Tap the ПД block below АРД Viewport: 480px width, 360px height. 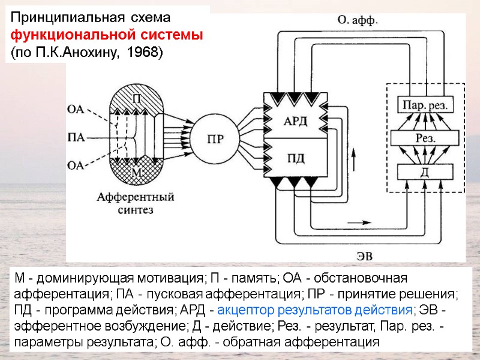295,158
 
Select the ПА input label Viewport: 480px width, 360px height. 76,137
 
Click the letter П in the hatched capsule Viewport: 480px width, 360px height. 137,100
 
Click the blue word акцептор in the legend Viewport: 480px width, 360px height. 245,310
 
